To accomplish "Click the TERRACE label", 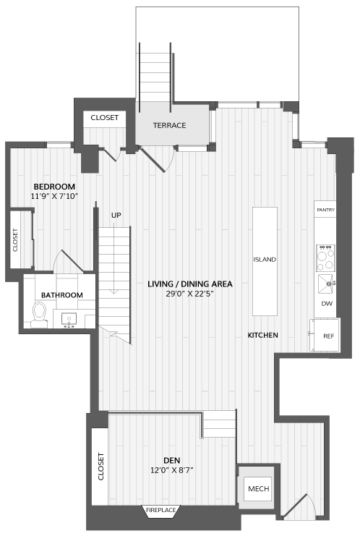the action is pyautogui.click(x=169, y=125).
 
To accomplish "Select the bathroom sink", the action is pyautogui.click(x=69, y=319).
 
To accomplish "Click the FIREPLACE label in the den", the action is pyautogui.click(x=160, y=510).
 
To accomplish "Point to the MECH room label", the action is pyautogui.click(x=259, y=489).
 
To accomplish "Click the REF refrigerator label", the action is pyautogui.click(x=329, y=336).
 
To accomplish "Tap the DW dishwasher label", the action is pyautogui.click(x=327, y=304).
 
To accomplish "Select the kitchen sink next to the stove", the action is pyautogui.click(x=327, y=284).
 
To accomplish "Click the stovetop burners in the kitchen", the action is pyautogui.click(x=325, y=258).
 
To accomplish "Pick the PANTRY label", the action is pyautogui.click(x=326, y=210).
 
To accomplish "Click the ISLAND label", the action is pyautogui.click(x=265, y=260).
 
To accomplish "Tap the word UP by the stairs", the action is pyautogui.click(x=116, y=216).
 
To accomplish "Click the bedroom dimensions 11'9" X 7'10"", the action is pyautogui.click(x=55, y=196).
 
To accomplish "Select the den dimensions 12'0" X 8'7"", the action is pyautogui.click(x=172, y=470).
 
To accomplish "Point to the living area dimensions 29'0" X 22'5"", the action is pyautogui.click(x=190, y=294).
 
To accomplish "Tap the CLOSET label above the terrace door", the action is pyautogui.click(x=105, y=118).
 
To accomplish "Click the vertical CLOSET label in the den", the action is pyautogui.click(x=100, y=467).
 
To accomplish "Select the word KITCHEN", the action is pyautogui.click(x=262, y=336).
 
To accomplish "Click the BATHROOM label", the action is pyautogui.click(x=62, y=295).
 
